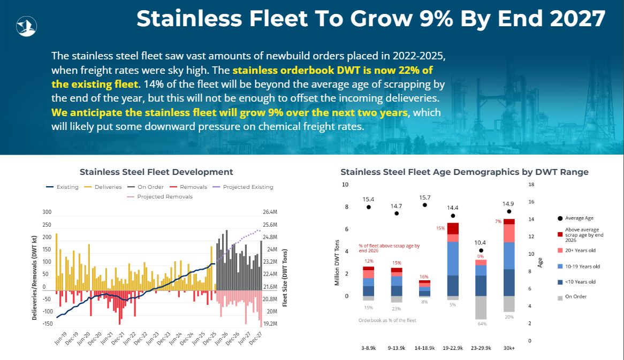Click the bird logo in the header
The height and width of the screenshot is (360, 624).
[x=26, y=26]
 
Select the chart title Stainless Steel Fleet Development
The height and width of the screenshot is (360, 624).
[x=156, y=172]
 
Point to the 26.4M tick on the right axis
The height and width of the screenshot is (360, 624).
[x=269, y=212]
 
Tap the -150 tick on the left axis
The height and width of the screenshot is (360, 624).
[x=48, y=324]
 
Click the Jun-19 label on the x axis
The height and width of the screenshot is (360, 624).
[x=60, y=338]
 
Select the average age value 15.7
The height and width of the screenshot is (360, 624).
[x=424, y=197]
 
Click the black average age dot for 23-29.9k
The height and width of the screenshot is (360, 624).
[x=481, y=250]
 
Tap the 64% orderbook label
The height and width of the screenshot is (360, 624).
[x=482, y=324]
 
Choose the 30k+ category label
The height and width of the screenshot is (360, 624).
[x=509, y=348]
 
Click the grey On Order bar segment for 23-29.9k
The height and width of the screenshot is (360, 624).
[x=481, y=308]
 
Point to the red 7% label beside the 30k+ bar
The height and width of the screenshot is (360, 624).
[x=498, y=221]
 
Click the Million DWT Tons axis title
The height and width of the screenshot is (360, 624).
[x=337, y=263]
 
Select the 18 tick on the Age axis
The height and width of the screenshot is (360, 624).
[x=531, y=185]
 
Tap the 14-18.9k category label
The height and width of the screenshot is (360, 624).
[x=424, y=348]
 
